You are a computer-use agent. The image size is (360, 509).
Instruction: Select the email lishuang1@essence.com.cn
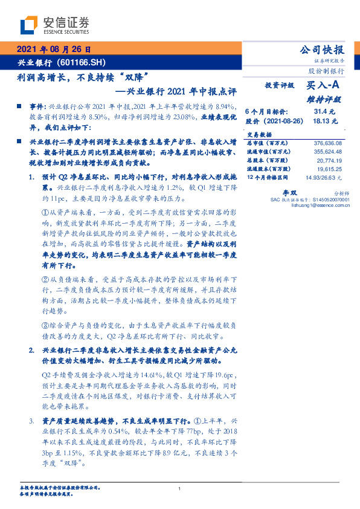point(317,205)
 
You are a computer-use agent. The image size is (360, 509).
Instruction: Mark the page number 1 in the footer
point(180,488)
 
